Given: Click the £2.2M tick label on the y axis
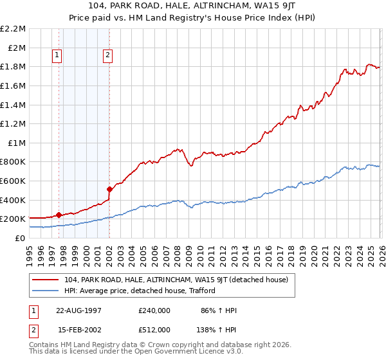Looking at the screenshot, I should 14,29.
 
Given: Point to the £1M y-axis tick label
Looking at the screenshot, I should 17,143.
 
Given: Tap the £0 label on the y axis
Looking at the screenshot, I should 21,238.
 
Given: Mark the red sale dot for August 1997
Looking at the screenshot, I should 59,215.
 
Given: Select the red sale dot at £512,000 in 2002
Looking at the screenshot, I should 109,189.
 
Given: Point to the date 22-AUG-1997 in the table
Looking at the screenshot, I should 78,310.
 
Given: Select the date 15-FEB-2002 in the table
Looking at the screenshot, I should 78,330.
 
